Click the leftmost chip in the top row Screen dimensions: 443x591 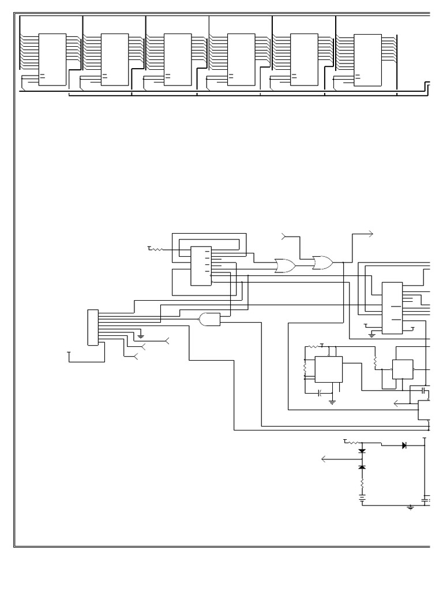[x=52, y=59]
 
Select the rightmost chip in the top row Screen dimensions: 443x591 [x=367, y=59]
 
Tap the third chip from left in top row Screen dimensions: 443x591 [x=178, y=59]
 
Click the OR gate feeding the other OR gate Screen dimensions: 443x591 [x=285, y=266]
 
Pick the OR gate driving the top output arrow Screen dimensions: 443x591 [x=322, y=263]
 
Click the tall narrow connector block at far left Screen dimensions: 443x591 [x=92, y=327]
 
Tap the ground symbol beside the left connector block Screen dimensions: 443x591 [x=141, y=335]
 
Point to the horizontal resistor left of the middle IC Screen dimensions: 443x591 [x=156, y=249]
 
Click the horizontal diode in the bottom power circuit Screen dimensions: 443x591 [x=404, y=445]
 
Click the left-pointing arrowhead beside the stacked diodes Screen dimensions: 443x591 [x=325, y=459]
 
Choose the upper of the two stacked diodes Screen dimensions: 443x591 [x=362, y=450]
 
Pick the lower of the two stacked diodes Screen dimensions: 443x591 [x=362, y=466]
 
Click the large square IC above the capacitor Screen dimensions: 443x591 [x=328, y=369]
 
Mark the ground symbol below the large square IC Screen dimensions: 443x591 [x=332, y=401]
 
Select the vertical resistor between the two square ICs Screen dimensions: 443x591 [x=376, y=362]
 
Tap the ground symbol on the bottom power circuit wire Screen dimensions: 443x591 [x=411, y=507]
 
